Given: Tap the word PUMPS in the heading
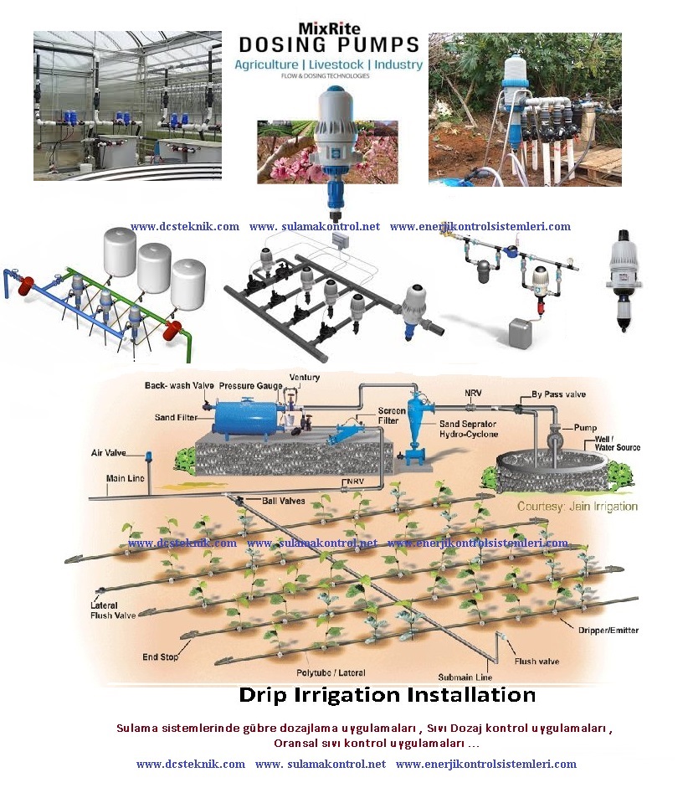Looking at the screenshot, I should pos(375,44).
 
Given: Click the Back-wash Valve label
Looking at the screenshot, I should pos(179,386).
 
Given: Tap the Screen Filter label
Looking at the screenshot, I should pos(369,416).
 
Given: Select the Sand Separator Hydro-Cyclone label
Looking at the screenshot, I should pos(469,430).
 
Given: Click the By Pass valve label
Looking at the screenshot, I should pos(558,394).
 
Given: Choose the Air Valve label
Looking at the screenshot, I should pos(108,452).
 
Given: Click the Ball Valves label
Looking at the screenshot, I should pos(283,501).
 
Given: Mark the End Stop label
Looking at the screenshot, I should pos(159,657).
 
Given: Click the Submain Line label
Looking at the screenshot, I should pos(465,677).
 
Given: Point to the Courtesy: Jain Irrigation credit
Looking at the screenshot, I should pos(578,507).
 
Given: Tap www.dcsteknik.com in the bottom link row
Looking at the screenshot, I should pos(191,764).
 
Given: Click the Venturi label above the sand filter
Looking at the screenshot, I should pos(304,378).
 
